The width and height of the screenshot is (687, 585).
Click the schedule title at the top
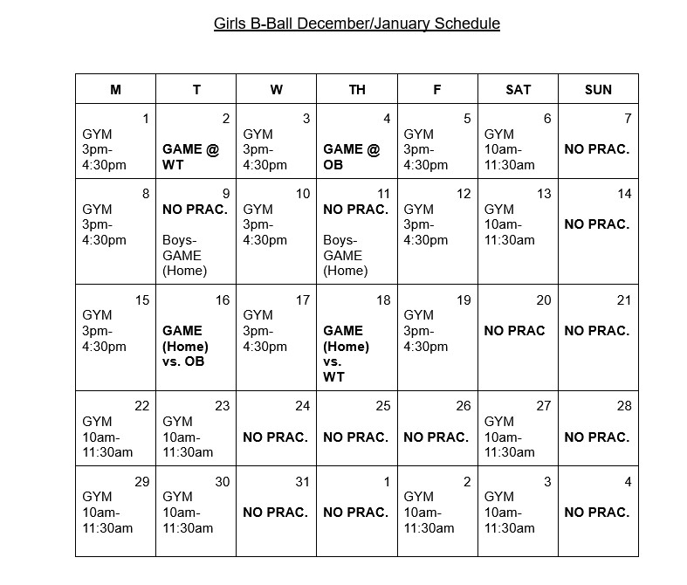coord(356,24)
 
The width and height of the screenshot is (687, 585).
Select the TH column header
coord(357,89)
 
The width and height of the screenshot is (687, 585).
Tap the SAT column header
coord(518,89)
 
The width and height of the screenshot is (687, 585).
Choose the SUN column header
coord(598,89)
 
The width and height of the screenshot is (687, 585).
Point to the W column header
coord(277,89)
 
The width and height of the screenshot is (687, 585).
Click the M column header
coord(116,89)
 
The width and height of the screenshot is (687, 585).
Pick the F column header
coord(437,89)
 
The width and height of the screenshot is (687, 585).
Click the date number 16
coord(223,300)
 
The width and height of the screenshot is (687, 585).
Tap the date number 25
coord(383,406)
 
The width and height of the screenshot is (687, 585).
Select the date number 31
coord(303,482)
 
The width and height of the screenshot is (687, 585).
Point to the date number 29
coord(142,482)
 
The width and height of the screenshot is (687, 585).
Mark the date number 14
coord(624,194)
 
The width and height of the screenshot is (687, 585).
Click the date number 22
coord(142,406)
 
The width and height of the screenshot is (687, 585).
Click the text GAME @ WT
coord(190,157)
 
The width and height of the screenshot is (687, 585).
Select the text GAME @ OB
coord(351,157)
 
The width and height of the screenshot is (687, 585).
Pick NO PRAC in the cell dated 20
coord(514,331)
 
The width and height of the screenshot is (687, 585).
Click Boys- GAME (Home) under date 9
coord(182,255)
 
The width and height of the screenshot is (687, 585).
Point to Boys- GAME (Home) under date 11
coord(343,255)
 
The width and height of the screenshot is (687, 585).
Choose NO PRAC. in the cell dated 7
coord(596,149)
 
